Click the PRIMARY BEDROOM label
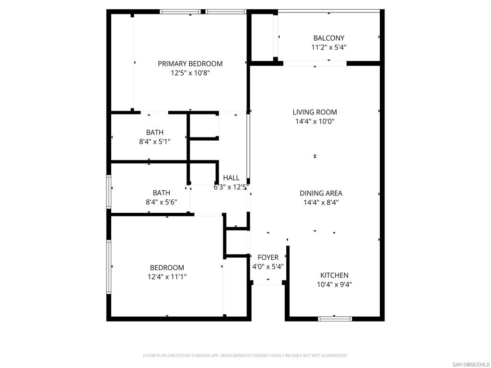coord(190,64)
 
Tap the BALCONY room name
coord(329,38)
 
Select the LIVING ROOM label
coord(315,112)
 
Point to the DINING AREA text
coord(321,193)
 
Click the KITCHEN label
coord(334,275)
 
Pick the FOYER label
coord(268,257)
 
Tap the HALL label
coord(231,178)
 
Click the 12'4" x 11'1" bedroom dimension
coord(167,276)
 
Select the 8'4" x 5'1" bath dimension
coord(155,141)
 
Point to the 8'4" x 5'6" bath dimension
coord(161,202)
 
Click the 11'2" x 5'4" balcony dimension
coord(329,47)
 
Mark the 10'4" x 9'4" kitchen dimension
coord(334,285)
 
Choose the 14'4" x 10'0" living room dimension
coord(315,121)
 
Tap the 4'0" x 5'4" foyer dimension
coord(268,266)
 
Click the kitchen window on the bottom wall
coord(335,319)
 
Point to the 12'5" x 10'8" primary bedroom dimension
coord(190,73)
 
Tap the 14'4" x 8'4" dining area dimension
coord(321,202)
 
